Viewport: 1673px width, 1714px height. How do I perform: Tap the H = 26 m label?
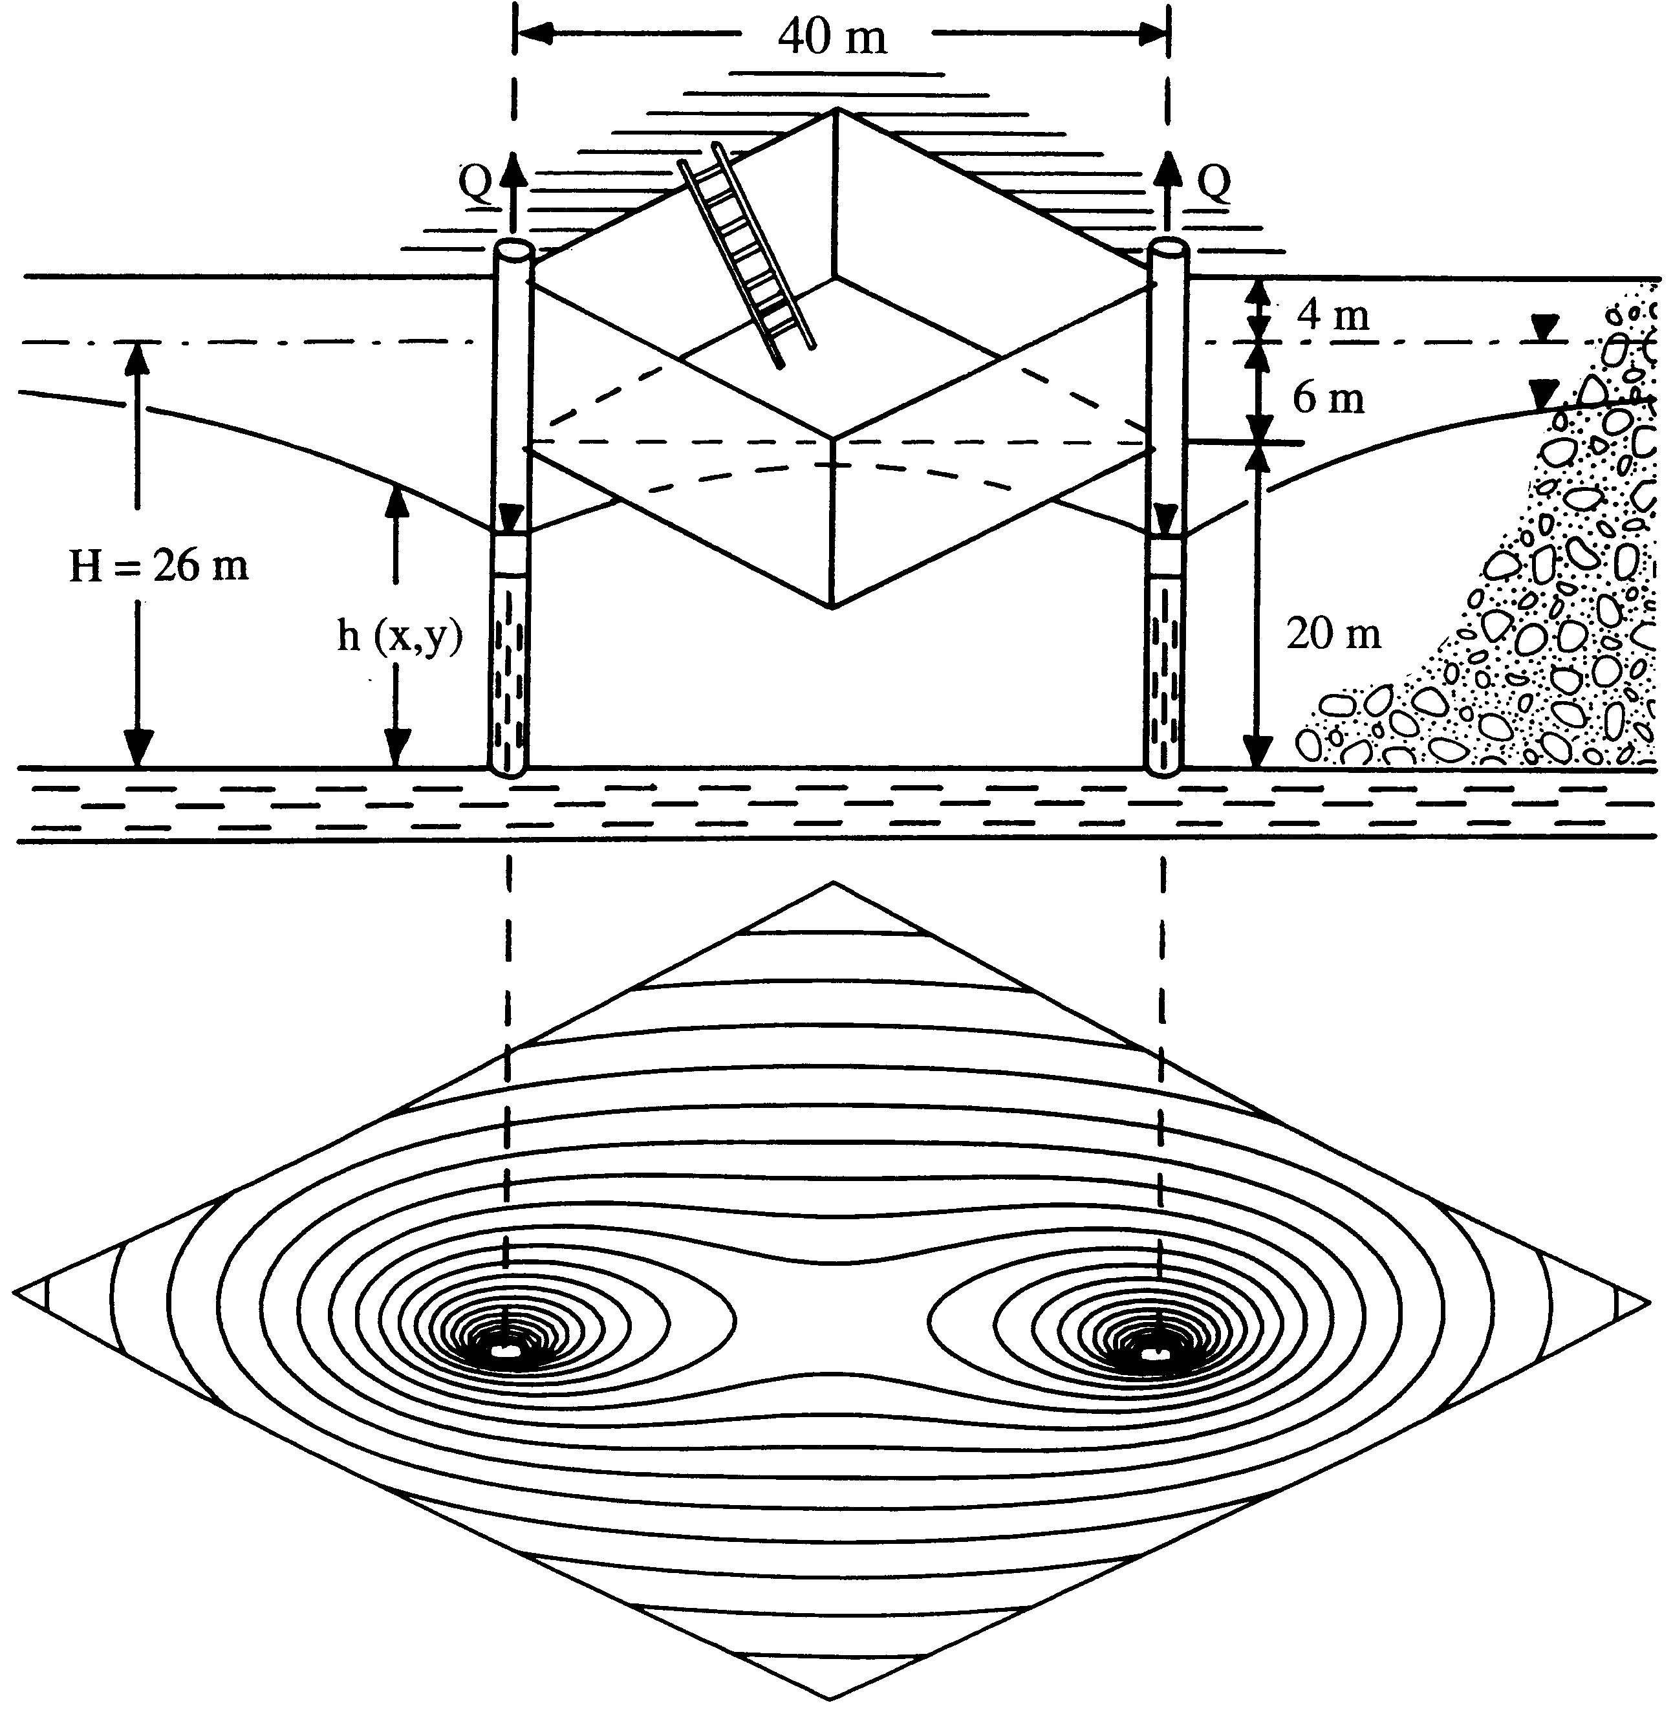click(159, 565)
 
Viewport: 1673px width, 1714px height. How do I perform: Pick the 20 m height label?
click(1333, 633)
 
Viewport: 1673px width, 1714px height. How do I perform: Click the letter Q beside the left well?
click(475, 183)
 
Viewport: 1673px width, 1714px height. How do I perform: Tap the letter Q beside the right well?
click(1214, 183)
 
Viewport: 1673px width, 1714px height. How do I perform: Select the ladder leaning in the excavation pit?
click(749, 257)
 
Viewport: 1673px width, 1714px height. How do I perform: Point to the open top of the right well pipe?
click(1169, 250)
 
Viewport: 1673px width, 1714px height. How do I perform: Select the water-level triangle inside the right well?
click(1166, 519)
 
